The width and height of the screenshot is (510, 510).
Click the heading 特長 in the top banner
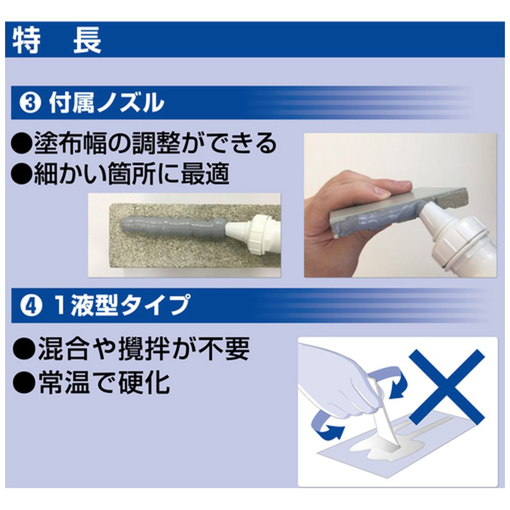[x=57, y=40]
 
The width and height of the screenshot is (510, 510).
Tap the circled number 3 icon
[x=30, y=103]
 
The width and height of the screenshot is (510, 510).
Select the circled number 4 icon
[x=31, y=306]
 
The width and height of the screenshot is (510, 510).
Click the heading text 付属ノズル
[x=107, y=103]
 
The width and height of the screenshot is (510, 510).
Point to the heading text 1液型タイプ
[x=122, y=305]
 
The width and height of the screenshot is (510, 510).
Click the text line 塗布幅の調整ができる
[x=156, y=143]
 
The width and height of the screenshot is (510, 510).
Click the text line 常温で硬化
[x=104, y=382]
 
